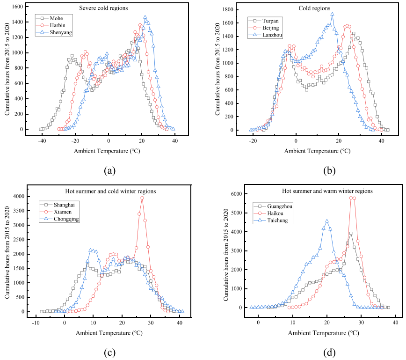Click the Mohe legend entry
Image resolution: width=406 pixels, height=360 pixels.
50,18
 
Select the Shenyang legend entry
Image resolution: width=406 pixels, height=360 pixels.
54,32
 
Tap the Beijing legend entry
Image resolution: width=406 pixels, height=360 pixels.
264,28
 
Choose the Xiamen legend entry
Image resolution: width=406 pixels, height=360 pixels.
56,212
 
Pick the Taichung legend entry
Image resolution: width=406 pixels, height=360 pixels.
271,220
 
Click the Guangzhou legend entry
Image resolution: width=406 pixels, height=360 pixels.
273,206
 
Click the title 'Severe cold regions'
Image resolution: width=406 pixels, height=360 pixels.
103,8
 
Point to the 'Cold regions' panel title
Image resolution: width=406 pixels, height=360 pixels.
315,8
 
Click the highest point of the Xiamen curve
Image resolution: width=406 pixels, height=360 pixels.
142,198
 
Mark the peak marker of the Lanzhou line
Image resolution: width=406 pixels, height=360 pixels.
332,14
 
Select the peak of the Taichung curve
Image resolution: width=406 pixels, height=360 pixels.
327,221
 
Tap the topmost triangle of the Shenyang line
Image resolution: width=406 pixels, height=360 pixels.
145,17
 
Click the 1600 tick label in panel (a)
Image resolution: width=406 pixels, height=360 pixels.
18,7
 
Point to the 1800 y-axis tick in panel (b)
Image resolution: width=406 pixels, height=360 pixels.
228,9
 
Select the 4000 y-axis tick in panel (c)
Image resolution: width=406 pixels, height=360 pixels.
18,197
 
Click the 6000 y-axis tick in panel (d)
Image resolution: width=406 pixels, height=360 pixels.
236,194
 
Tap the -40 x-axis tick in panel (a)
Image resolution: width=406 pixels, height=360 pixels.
42,141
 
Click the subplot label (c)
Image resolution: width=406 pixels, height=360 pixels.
109,353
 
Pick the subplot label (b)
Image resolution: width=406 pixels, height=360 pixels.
329,170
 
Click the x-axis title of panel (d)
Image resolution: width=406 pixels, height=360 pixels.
323,333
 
